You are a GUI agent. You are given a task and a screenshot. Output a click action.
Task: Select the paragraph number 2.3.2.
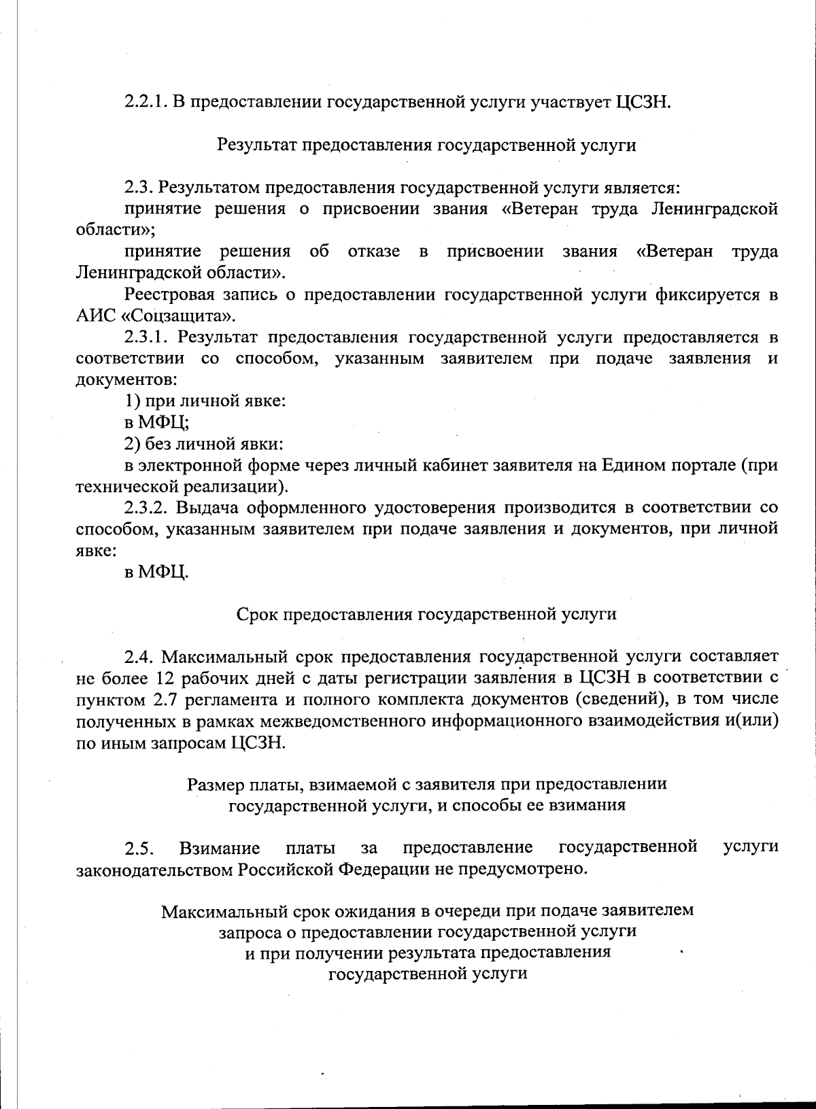[x=146, y=508]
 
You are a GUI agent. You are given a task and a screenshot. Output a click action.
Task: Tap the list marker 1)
[x=132, y=401]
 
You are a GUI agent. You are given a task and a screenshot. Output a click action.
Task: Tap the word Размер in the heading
[x=212, y=785]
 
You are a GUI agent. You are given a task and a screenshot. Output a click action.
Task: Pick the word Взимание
[x=220, y=849]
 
